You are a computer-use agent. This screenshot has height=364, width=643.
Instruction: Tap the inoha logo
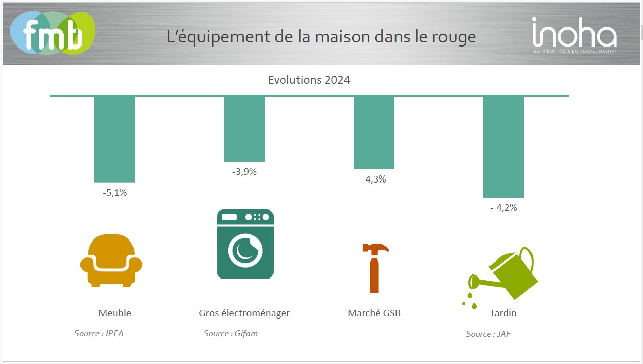click(574, 34)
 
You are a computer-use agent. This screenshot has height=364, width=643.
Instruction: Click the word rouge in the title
click(457, 37)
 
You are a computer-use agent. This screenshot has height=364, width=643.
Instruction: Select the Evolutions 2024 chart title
click(309, 80)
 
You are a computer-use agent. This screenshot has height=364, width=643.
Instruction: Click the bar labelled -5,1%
click(115, 139)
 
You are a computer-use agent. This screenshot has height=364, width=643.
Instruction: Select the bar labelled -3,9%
click(244, 128)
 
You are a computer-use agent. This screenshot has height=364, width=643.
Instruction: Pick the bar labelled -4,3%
click(374, 132)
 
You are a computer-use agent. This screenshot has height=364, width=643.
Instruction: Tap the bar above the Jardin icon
click(504, 146)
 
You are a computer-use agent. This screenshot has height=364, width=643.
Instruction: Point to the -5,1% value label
click(115, 193)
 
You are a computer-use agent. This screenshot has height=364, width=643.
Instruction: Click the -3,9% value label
click(244, 172)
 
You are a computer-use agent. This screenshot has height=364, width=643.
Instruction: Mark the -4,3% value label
click(374, 179)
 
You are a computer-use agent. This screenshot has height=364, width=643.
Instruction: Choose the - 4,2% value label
click(504, 207)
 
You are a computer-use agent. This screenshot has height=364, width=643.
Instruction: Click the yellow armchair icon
click(111, 260)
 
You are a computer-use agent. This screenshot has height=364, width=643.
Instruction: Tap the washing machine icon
click(245, 244)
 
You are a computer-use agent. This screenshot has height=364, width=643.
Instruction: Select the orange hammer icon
click(375, 267)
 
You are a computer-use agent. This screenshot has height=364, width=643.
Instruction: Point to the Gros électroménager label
click(244, 313)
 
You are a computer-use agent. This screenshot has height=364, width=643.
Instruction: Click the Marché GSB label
click(374, 313)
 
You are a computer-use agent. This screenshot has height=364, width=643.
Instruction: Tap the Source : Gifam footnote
click(230, 333)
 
